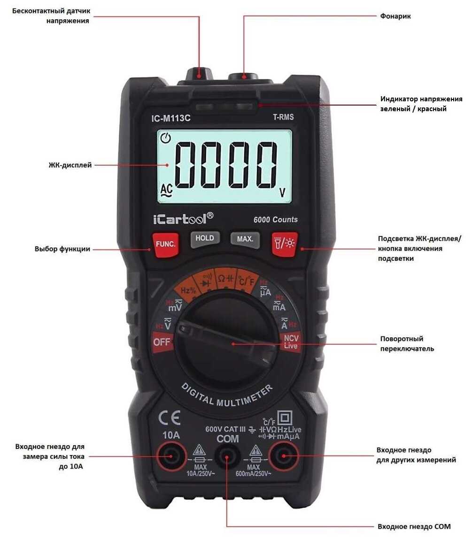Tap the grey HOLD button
click(205, 239)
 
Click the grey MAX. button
click(245, 239)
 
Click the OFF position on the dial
click(162, 342)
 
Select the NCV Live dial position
click(291, 342)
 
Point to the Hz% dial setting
click(188, 290)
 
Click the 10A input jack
click(171, 456)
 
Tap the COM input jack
click(227, 456)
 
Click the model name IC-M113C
click(171, 118)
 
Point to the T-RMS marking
click(283, 117)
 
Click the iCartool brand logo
click(183, 219)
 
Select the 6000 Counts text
click(275, 220)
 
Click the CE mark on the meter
click(170, 418)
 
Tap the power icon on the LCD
click(166, 138)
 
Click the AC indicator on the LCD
click(167, 190)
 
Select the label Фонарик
click(395, 16)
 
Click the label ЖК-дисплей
click(70, 165)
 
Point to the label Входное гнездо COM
click(414, 527)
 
